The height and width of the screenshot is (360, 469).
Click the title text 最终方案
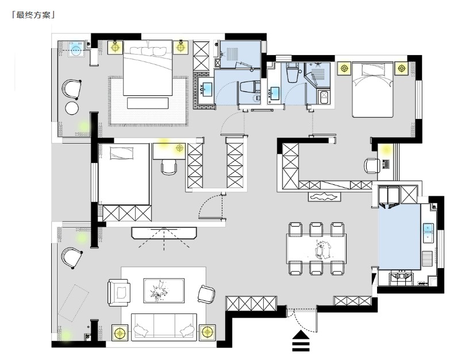coord(33,15)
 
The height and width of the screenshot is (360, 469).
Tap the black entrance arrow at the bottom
coord(301,340)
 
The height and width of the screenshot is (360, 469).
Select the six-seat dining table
coord(317,248)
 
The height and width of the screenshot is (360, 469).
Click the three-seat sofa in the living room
coord(164,327)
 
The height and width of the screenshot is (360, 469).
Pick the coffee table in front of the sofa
coord(164,291)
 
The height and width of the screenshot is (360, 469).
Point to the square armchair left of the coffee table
coord(119,292)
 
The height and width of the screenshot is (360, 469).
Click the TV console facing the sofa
coord(164,233)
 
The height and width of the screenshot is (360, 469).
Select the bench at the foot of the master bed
coord(148,103)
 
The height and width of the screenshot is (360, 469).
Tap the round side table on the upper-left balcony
coord(72,108)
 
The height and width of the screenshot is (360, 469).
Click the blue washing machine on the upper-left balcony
coord(76,49)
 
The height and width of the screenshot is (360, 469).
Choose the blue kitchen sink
coord(428,233)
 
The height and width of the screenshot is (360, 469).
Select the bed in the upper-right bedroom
coord(372,90)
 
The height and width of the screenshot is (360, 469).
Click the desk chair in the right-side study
coord(372,165)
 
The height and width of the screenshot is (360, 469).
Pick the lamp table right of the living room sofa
coord(207,332)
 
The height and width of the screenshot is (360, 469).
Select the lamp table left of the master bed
coord(115,47)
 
